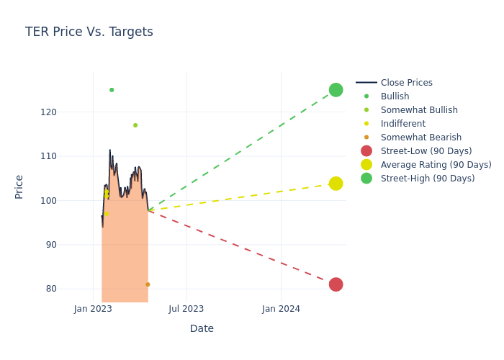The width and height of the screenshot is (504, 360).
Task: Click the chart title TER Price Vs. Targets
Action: pos(89,32)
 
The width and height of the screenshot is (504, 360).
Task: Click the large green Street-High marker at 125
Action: pos(336,90)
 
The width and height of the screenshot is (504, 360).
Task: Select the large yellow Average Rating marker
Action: pos(336,184)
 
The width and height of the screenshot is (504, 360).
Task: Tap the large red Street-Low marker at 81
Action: pos(336,284)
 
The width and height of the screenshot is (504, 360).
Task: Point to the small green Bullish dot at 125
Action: pos(112,90)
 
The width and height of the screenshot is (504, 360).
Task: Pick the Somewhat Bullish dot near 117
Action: pos(135,125)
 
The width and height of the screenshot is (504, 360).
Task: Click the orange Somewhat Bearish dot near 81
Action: pos(148,284)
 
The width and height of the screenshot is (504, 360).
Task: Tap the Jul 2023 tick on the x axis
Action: pos(186,309)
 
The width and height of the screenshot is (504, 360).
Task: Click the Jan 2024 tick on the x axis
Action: pos(281,309)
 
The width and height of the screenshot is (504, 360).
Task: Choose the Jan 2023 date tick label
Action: pos(93,309)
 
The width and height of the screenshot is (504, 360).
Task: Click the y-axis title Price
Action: pos(19,186)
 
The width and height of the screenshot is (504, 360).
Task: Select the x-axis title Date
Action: pos(202,328)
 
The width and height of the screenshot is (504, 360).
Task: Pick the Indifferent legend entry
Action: pos(402,124)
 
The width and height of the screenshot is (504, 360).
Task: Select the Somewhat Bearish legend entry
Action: pos(420,138)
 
